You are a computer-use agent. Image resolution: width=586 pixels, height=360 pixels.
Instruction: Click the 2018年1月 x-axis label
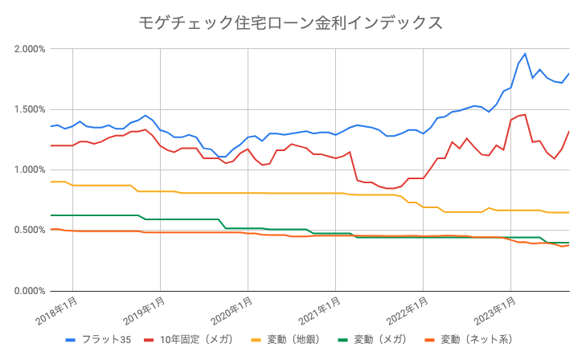pyautogui.click(x=57, y=309)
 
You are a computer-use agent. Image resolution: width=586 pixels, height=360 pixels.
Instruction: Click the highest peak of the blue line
pyautogui.click(x=525, y=54)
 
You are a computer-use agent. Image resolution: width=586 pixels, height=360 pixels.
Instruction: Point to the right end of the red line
pyautogui.click(x=569, y=131)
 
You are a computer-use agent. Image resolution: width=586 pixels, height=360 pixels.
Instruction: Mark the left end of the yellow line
pyautogui.click(x=51, y=182)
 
